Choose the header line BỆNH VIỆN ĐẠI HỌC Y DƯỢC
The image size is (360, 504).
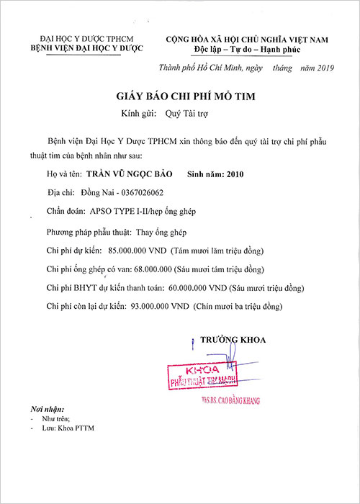tap(85, 48)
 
